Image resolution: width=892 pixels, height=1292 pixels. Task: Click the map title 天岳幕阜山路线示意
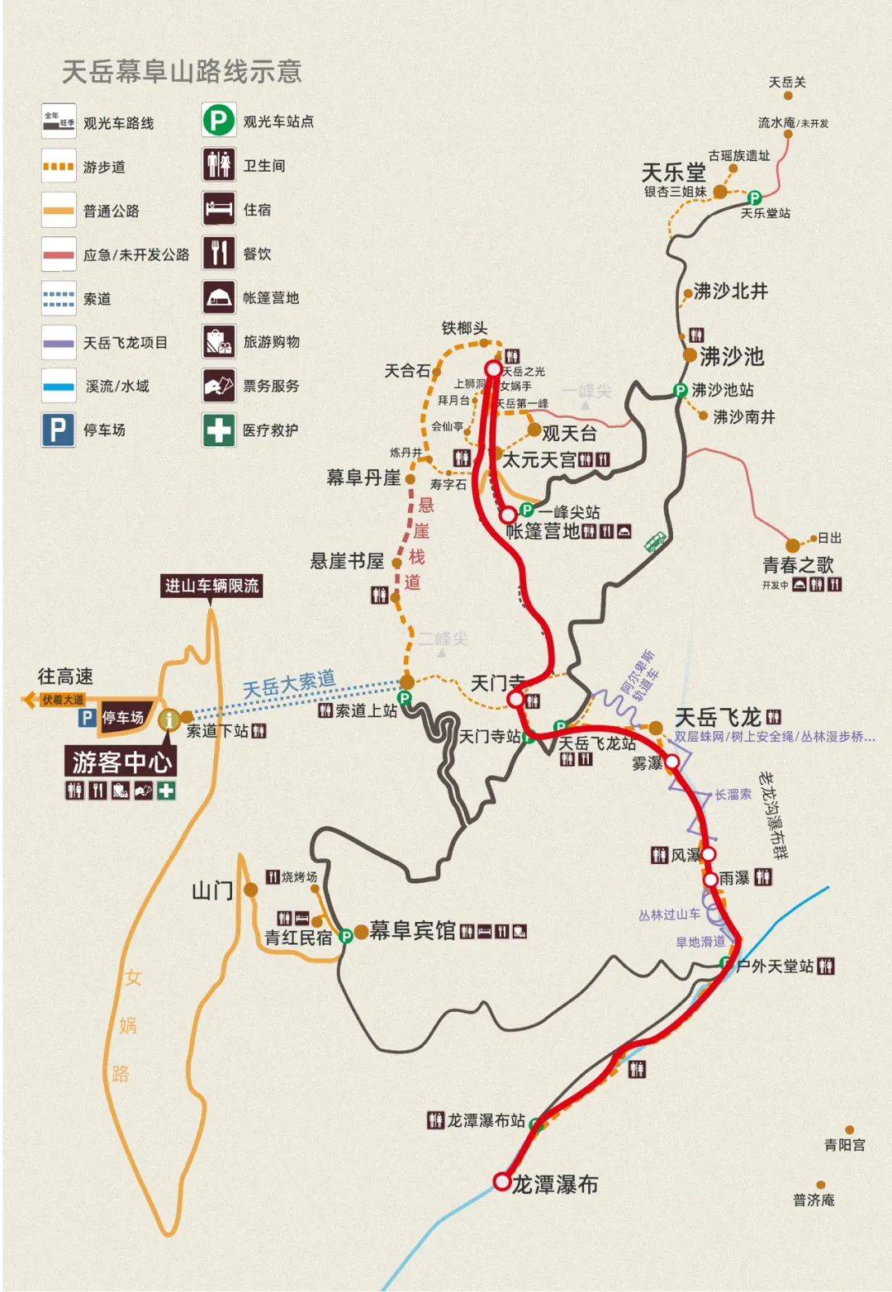click(x=183, y=72)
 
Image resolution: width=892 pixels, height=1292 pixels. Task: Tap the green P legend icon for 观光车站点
click(x=218, y=121)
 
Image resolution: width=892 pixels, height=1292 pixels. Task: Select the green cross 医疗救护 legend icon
click(x=218, y=430)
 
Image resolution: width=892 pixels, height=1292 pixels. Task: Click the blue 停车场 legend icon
click(x=58, y=430)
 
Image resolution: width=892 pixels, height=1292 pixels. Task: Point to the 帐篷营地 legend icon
click(x=218, y=297)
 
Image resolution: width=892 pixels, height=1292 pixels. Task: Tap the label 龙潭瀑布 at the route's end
click(x=554, y=1185)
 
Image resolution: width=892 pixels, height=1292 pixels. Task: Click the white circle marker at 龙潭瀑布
click(x=501, y=1181)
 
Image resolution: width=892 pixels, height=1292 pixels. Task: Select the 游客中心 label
click(x=121, y=761)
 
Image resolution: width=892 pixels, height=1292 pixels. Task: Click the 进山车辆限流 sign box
click(x=211, y=586)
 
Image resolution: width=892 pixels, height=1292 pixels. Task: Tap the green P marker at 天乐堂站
click(x=754, y=197)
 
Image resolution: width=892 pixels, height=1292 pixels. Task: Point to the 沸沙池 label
click(x=732, y=357)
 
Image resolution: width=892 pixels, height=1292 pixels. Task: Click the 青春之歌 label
click(x=798, y=565)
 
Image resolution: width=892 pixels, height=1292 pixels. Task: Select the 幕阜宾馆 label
click(x=412, y=931)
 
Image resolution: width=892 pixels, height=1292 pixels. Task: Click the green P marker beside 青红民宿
click(x=346, y=935)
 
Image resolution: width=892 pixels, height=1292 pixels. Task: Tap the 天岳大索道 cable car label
click(x=289, y=684)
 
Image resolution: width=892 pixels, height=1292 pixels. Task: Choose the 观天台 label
click(x=569, y=433)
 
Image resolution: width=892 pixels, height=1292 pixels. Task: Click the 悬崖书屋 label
click(x=347, y=562)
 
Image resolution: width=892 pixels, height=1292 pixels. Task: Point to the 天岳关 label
click(x=786, y=83)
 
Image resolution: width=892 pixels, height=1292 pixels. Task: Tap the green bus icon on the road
click(x=655, y=542)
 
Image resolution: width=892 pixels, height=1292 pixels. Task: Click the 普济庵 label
click(x=814, y=1200)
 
